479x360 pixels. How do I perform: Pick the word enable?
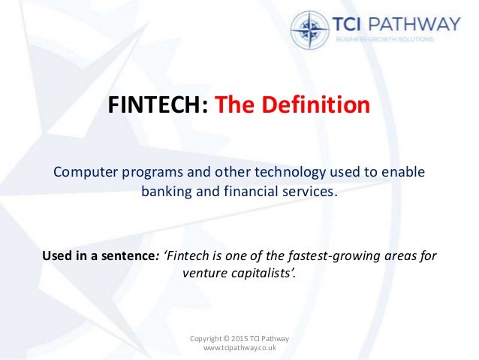coord(405,172)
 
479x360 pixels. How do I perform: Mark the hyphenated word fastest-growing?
coord(329,255)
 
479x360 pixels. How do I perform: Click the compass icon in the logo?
coord(310,30)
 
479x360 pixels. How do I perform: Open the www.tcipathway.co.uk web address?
coord(239,349)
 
